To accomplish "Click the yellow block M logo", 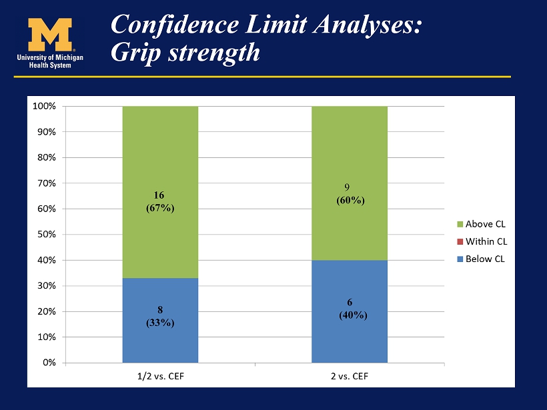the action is (50, 35).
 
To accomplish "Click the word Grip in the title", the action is (135, 53).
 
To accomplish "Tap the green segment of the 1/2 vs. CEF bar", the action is (160, 192).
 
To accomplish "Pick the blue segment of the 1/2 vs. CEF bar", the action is (160, 321).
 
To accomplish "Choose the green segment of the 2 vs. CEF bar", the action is (349, 183).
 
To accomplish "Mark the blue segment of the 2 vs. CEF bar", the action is (349, 311).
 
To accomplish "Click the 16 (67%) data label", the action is (160, 201).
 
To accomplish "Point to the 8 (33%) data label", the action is (160, 316).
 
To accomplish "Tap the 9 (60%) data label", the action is (350, 194).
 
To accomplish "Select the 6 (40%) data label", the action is (353, 309).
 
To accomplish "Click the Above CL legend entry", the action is (481, 224).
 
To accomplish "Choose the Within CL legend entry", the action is (482, 241).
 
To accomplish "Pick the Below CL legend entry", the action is (481, 259).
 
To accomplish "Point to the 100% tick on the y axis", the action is (44, 106).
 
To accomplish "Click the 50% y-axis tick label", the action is (47, 234).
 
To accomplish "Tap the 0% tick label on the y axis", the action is (49, 363).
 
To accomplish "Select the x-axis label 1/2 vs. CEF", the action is (161, 376).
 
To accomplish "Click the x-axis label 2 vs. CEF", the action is (350, 376).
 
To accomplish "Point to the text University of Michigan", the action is (50, 57).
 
